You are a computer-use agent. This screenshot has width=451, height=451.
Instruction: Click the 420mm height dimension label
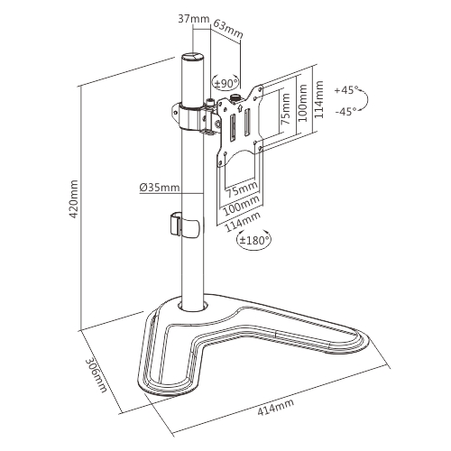(x=73, y=199)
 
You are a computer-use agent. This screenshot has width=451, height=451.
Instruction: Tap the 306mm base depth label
(x=96, y=375)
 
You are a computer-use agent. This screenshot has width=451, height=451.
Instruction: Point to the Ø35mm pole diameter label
(x=160, y=188)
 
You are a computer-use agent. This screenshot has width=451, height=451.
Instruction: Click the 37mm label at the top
(x=194, y=19)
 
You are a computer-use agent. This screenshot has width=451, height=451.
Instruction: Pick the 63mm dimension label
(x=227, y=29)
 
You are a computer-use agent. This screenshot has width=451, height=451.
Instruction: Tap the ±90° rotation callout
(x=226, y=83)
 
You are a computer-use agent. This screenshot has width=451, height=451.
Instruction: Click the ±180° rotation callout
(x=254, y=240)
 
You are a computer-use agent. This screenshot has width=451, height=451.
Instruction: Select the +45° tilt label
(x=346, y=90)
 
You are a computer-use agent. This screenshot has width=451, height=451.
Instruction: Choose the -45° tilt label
(x=345, y=111)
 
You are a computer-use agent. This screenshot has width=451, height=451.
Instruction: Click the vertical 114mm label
(x=318, y=99)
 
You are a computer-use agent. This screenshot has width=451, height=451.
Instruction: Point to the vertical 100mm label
(x=303, y=103)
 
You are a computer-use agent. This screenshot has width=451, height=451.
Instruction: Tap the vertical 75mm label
(x=285, y=109)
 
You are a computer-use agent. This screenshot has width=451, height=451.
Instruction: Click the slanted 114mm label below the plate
(x=242, y=222)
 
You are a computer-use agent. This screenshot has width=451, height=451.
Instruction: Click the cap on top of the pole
(x=192, y=57)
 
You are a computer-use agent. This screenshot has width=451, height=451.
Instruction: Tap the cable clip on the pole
(x=184, y=225)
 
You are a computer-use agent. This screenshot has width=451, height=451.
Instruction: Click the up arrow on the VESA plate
(x=240, y=107)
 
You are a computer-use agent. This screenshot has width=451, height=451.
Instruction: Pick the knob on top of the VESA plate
(x=235, y=98)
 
